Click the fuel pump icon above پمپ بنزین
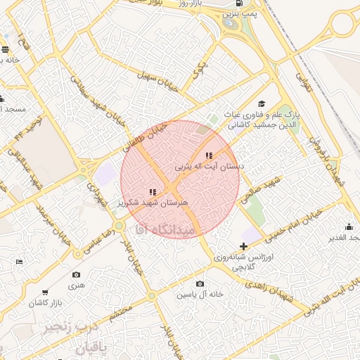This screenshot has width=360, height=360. [239, 4]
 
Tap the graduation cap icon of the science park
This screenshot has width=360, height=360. [262, 104]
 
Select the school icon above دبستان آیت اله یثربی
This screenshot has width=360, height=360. [208, 155]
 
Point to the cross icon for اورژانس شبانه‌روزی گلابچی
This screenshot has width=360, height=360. [243, 246]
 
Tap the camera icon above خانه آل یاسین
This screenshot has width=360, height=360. [200, 283]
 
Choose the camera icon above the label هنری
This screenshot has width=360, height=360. [76, 274]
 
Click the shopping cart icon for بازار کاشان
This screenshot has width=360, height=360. [45, 292]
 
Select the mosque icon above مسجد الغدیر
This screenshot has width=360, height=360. [349, 226]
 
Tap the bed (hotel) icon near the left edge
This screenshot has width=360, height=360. [19, 262]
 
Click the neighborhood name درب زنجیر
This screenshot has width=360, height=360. [68, 328]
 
